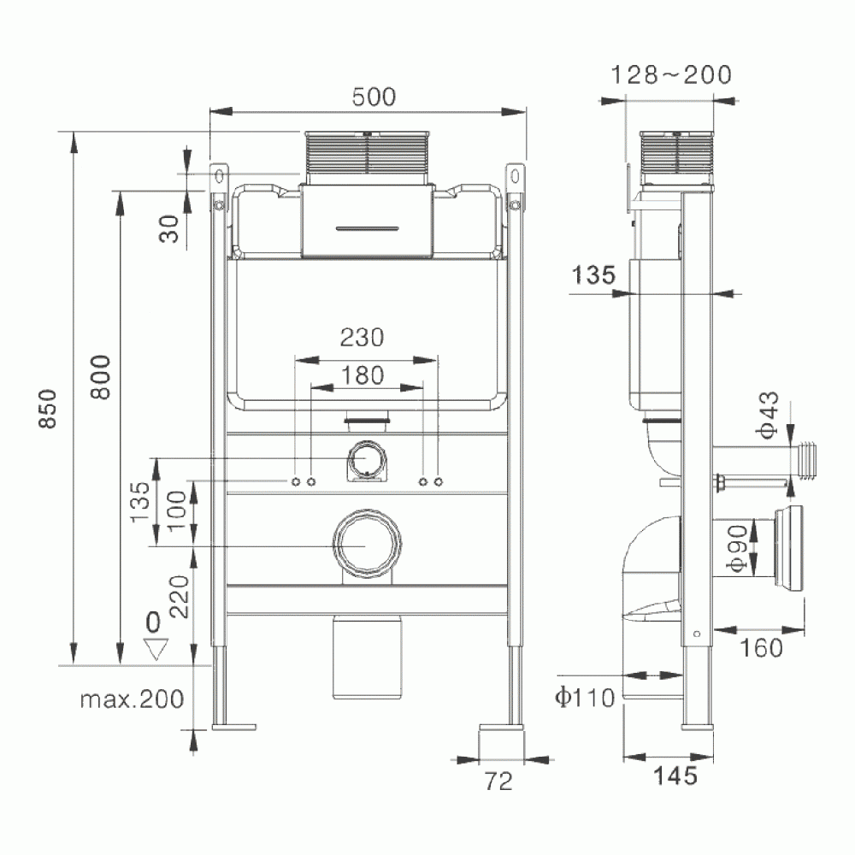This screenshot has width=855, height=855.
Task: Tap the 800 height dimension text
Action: point(100,376)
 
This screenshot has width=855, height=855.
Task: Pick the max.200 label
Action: point(132,699)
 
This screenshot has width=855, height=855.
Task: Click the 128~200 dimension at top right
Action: point(671,75)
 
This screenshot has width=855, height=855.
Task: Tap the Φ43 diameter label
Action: point(768,415)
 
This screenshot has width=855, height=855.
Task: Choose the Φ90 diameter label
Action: point(739,551)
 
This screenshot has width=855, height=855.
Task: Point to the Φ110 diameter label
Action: point(585,699)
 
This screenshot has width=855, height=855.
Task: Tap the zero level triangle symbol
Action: point(155,650)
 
